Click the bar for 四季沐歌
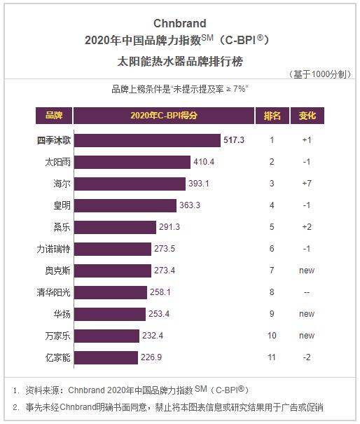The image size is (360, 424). (147, 140)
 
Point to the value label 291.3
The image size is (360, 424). (170, 227)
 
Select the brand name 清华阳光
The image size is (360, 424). (54, 292)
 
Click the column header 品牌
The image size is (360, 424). (54, 116)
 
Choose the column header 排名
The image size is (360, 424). (272, 116)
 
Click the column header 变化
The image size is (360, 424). (307, 116)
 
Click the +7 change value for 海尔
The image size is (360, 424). (307, 184)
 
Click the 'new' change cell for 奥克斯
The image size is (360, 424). (307, 271)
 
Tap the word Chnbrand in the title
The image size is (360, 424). (180, 23)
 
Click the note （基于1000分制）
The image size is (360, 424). (319, 74)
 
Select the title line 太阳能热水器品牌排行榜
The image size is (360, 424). (180, 61)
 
